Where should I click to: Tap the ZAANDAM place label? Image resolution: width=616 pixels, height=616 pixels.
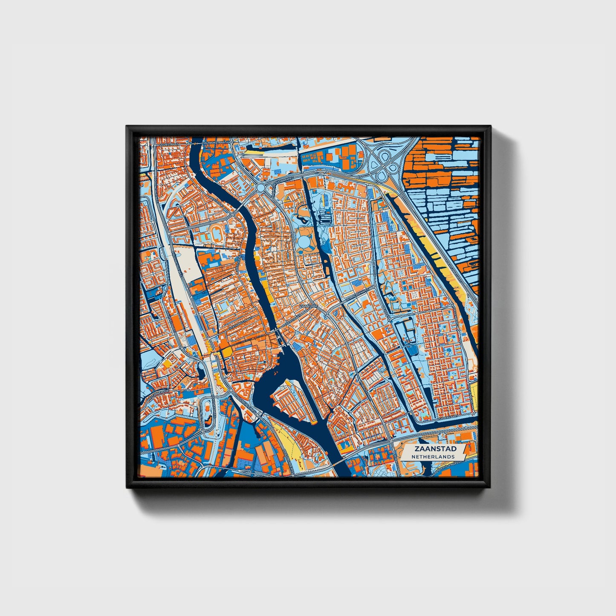click(x=309, y=306)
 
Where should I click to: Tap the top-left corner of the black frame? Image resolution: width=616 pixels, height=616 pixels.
click(x=127, y=127)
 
